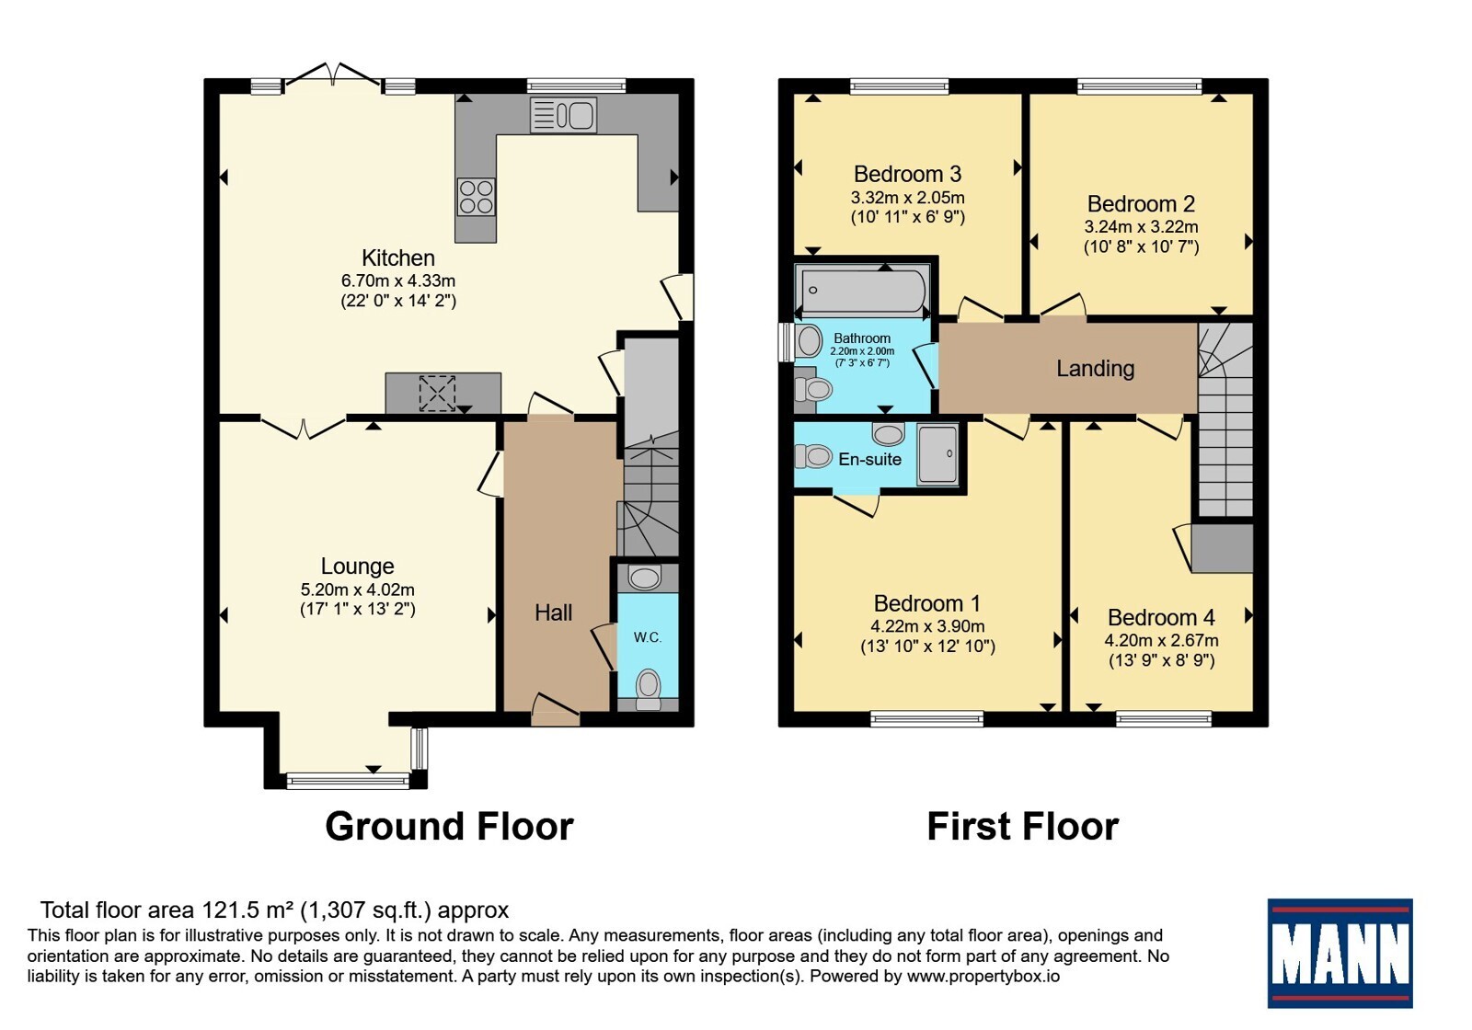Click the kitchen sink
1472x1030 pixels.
(x=563, y=116)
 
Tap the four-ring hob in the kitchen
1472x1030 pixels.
(x=477, y=197)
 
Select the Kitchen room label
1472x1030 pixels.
(x=398, y=257)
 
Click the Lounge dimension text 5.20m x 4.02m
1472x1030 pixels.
(x=358, y=589)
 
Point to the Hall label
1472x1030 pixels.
(x=553, y=612)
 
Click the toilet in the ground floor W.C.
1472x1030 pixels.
(x=649, y=689)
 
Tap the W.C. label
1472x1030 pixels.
(x=648, y=637)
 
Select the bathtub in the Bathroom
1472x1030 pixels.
(x=862, y=291)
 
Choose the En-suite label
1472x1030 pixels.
(x=869, y=459)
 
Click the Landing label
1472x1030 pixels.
(x=1096, y=369)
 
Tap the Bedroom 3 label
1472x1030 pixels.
(x=907, y=174)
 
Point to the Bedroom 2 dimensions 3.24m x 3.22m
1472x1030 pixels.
(x=1141, y=226)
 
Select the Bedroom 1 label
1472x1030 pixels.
(x=927, y=603)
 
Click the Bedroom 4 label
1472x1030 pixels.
(x=1161, y=617)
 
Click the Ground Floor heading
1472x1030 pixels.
(x=450, y=827)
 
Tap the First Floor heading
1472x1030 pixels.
(x=1022, y=827)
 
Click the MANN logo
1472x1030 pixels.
(x=1340, y=953)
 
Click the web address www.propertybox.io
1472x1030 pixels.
(x=983, y=976)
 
